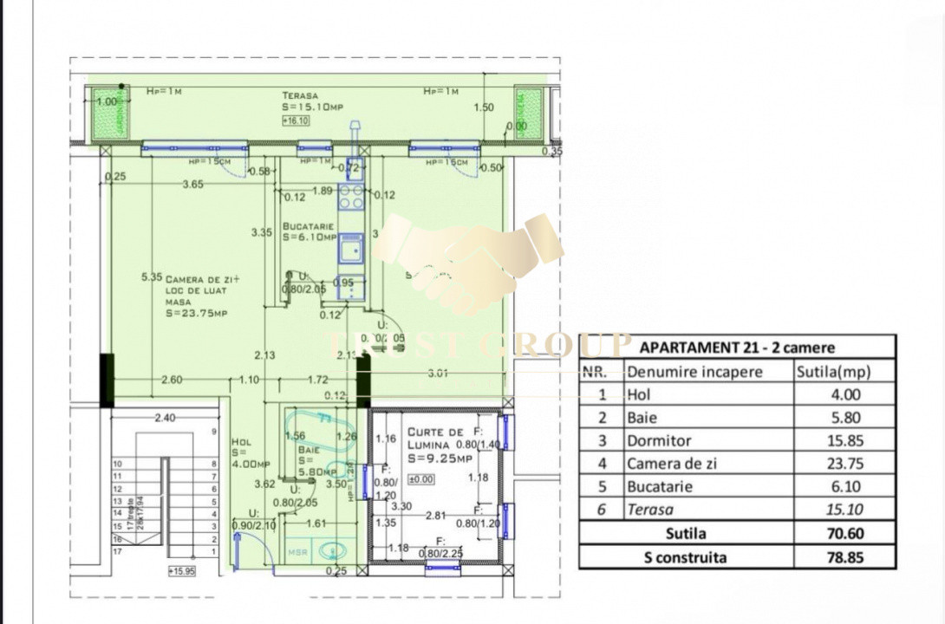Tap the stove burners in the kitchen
click(350, 198)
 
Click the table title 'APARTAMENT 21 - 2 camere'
click(737, 348)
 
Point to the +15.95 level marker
click(183, 571)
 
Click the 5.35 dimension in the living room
click(152, 277)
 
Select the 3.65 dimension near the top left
click(192, 184)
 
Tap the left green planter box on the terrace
click(110, 114)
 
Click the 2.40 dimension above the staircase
click(165, 418)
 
